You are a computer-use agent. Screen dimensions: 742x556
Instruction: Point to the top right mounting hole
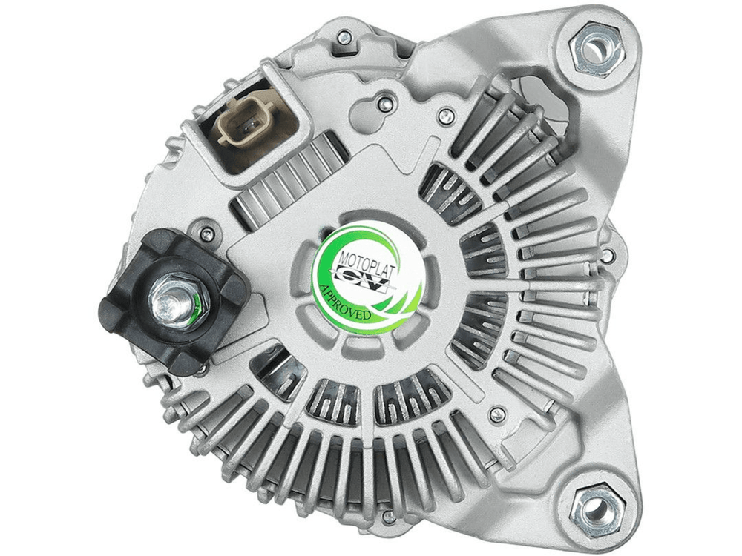[594, 49]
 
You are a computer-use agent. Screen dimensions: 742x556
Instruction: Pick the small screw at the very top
[346, 36]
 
